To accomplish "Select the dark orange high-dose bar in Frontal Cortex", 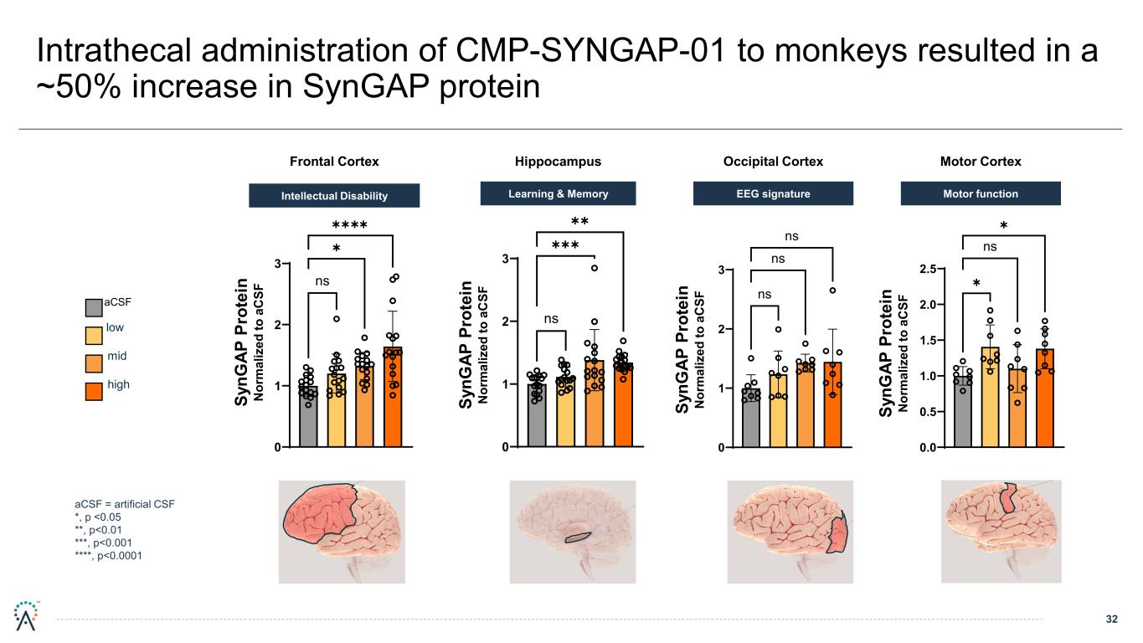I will (393, 397).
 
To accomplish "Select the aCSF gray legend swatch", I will (94, 307).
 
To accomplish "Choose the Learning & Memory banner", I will (558, 194).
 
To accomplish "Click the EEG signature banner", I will (774, 194).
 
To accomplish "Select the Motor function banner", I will (981, 194).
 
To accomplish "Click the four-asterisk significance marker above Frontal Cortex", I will (350, 226).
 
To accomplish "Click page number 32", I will (1111, 620).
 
